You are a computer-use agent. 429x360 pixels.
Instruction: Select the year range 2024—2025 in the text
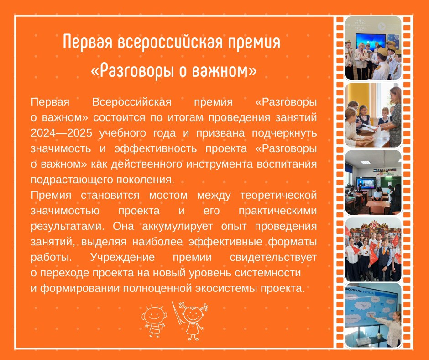point(61,133)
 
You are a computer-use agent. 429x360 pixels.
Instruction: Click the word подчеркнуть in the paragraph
point(284,133)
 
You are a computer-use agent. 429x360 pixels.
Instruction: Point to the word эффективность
point(156,149)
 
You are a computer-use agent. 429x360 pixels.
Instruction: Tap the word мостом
point(168,196)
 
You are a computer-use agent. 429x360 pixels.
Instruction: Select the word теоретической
point(278,196)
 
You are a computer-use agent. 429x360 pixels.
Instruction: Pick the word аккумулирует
point(177,227)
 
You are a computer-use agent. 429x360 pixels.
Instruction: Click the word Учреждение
point(122,258)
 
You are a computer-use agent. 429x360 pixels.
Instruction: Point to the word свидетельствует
point(273,258)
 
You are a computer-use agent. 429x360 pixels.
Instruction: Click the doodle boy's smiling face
point(154,314)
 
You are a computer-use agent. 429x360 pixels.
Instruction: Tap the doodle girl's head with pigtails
point(193,312)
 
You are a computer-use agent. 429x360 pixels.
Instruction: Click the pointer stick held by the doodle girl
point(177,313)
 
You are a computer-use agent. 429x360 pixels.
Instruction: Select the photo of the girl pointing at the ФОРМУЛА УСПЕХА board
point(373,315)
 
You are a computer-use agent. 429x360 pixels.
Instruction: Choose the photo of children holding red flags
point(373,249)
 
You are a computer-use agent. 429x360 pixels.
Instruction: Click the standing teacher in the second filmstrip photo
point(392,115)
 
